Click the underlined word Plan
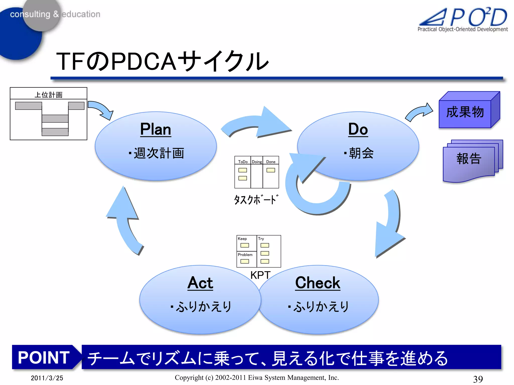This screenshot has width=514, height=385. point(156,129)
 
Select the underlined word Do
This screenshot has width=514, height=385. point(358,129)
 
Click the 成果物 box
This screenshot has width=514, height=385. point(465,112)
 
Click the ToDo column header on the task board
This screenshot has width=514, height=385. point(243,162)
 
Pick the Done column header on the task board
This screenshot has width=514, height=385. point(271,162)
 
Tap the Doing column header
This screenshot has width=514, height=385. point(257,162)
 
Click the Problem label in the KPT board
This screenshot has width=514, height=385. point(245,255)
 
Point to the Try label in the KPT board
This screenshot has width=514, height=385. point(261,239)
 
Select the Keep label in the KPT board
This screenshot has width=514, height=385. point(242,239)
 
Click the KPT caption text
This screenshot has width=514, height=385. point(260,275)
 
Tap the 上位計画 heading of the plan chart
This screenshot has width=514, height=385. point(48,95)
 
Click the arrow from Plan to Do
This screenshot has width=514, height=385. point(259,124)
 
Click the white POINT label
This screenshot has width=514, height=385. point(44,357)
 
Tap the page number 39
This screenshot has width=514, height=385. point(478,379)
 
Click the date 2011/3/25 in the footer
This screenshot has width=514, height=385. point(47,378)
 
